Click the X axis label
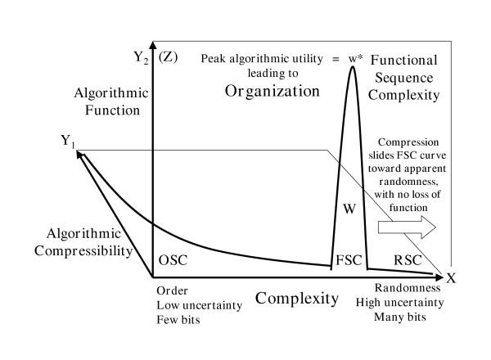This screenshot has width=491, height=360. pyautogui.click(x=450, y=277)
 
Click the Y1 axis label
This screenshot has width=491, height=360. pyautogui.click(x=69, y=141)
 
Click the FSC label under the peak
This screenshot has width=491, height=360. pyautogui.click(x=347, y=261)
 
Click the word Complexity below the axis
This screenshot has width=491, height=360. pyautogui.click(x=296, y=298)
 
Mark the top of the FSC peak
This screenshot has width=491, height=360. pyautogui.click(x=353, y=67)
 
